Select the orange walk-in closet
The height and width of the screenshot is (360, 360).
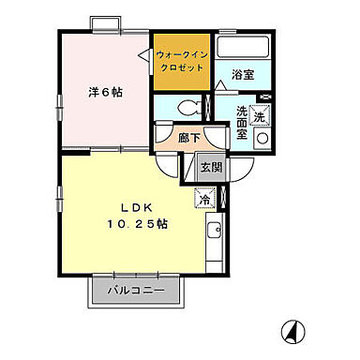[181, 61]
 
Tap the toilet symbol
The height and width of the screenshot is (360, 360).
[188, 106]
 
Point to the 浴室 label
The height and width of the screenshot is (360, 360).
[243, 74]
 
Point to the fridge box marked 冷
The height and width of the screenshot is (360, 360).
[202, 199]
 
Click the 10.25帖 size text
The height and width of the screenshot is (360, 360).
[137, 225]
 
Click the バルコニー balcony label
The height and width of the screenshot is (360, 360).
[134, 290]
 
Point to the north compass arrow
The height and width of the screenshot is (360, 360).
[292, 331]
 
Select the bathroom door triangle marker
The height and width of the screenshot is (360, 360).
[221, 84]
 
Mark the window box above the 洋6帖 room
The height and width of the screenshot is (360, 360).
[107, 23]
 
